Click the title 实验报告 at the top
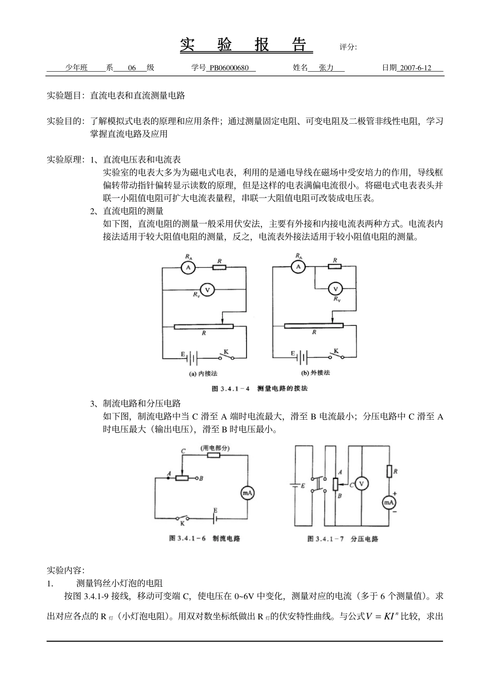[246, 45]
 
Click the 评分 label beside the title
[348, 47]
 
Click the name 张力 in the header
[326, 68]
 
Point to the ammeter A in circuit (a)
[188, 268]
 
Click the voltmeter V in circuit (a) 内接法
[207, 290]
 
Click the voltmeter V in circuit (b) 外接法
[336, 289]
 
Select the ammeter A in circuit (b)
[298, 267]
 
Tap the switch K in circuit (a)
[225, 356]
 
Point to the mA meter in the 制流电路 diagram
[247, 493]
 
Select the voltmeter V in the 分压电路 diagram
[362, 484]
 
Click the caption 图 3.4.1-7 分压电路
[342, 539]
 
